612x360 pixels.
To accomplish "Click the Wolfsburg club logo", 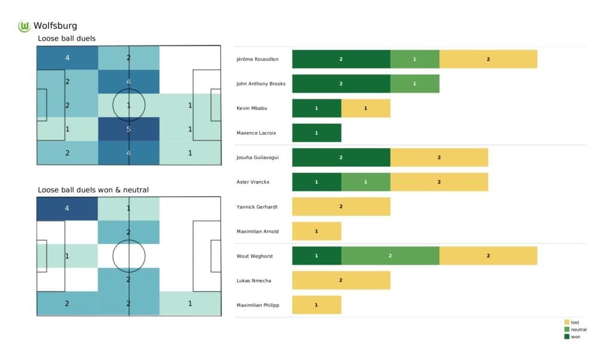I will click(25, 26).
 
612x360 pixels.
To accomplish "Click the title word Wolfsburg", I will click(55, 26).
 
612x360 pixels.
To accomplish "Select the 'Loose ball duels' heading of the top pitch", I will click(66, 39).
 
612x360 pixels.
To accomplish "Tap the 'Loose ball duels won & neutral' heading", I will click(93, 190).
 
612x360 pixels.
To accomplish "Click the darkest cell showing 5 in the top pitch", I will click(129, 129).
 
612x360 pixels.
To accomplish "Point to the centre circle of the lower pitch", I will click(129, 256).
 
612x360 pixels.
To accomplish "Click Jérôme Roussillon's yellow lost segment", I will click(488, 59).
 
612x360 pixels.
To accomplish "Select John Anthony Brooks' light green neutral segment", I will click(414, 84).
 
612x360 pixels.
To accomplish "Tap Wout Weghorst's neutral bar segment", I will click(390, 255).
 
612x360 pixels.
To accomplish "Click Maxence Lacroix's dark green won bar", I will click(316, 133).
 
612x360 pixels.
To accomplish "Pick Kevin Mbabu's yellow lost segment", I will click(365, 108).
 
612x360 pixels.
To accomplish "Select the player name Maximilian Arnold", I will click(258, 231).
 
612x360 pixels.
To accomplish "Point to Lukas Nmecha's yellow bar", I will click(341, 280).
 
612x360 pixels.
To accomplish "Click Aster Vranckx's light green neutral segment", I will click(365, 182).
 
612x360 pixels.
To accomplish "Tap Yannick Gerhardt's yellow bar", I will click(341, 206).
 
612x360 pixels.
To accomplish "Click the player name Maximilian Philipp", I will click(258, 304).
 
